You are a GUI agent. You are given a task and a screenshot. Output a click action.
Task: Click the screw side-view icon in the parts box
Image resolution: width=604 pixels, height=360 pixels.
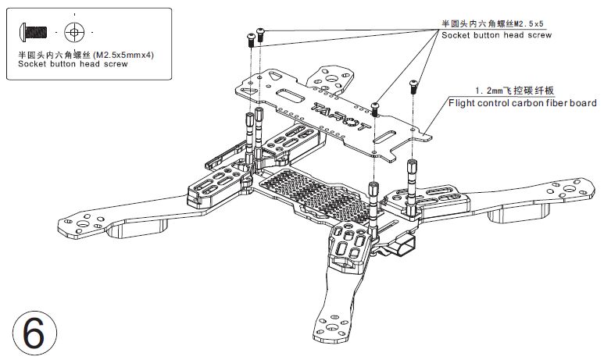[x=34, y=32]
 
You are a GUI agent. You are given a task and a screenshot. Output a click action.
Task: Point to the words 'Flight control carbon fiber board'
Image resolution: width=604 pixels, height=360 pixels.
[x=521, y=102]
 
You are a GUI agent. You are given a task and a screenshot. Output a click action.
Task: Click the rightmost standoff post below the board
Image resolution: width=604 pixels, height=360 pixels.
[x=411, y=187]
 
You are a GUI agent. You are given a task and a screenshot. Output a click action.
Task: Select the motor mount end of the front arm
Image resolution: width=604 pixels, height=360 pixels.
[x=328, y=324]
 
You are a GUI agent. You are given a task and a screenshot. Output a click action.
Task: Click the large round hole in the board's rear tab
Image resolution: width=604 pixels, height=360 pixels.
[x=329, y=78]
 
